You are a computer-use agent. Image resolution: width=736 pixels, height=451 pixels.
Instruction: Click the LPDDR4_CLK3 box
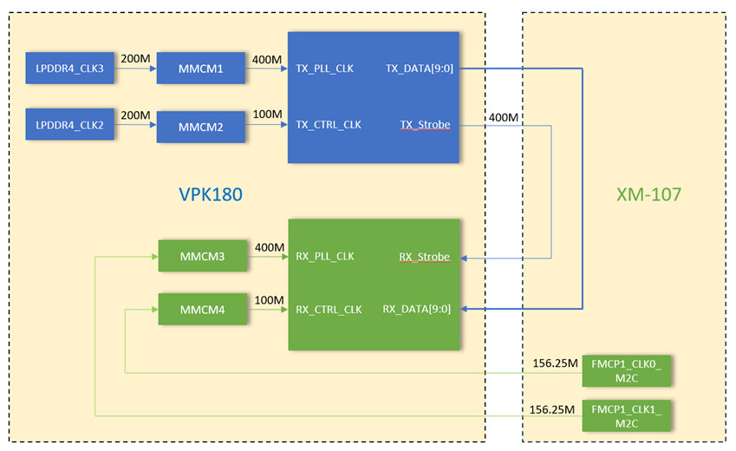click(x=70, y=68)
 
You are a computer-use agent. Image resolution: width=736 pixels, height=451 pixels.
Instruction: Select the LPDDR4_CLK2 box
click(x=70, y=126)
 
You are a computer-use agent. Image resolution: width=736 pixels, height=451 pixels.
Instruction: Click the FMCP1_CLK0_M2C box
click(x=627, y=369)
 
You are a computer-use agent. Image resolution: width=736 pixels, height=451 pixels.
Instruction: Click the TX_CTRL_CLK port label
click(x=329, y=125)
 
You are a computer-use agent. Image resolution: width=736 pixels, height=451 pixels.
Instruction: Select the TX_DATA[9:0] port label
click(x=419, y=69)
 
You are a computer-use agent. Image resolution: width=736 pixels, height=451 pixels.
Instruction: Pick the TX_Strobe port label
click(x=425, y=125)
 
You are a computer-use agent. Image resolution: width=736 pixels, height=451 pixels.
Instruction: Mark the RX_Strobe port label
click(x=425, y=257)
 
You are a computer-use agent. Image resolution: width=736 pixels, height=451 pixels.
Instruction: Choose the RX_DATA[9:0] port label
click(x=417, y=309)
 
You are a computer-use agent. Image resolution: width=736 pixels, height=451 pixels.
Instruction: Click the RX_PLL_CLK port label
click(x=325, y=257)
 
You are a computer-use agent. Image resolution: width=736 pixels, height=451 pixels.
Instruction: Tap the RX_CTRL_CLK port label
click(x=329, y=309)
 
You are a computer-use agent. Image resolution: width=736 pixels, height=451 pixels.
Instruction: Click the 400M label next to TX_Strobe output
click(x=504, y=117)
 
